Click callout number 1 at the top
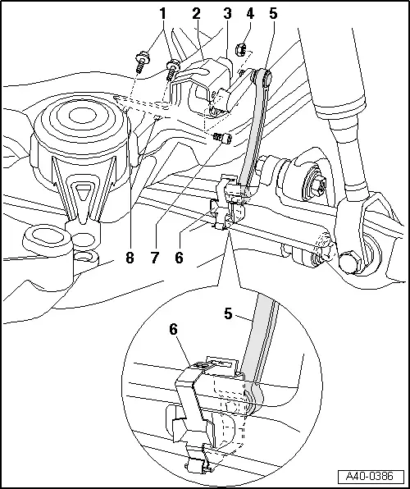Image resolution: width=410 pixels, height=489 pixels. point(162,14)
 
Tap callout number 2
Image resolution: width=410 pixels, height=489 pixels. point(196,14)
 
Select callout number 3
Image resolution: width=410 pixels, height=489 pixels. point(227,14)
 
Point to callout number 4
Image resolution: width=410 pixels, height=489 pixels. point(250,14)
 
